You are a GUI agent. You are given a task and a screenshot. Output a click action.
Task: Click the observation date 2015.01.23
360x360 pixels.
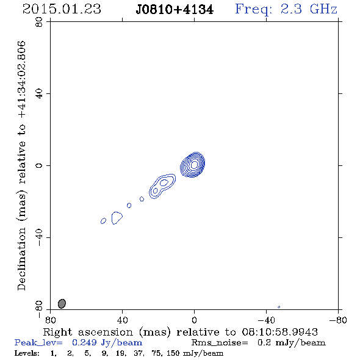click(x=62, y=9)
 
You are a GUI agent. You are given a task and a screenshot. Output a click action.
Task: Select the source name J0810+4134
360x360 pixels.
click(x=175, y=10)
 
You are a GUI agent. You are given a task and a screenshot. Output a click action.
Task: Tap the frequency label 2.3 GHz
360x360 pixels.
click(x=309, y=9)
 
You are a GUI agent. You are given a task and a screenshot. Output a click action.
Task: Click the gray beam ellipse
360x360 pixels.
click(x=62, y=303)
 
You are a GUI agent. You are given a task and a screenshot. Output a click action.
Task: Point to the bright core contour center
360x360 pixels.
click(x=194, y=165)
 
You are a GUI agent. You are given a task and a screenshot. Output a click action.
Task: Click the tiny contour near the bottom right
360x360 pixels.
click(x=279, y=307)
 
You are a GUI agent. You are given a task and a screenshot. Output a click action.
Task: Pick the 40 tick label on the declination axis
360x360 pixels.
click(x=39, y=94)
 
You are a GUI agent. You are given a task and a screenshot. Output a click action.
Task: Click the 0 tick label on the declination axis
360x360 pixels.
click(x=39, y=165)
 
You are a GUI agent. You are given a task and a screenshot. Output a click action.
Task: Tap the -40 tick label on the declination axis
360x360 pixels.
click(x=39, y=237)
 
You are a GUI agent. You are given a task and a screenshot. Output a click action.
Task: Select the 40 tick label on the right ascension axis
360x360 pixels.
click(x=122, y=320)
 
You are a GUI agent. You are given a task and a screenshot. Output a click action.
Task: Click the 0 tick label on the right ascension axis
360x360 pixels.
click(x=194, y=320)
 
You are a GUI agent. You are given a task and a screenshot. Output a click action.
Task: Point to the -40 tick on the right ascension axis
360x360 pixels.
click(x=266, y=320)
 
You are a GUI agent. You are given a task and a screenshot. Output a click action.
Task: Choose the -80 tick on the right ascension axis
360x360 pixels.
click(x=338, y=320)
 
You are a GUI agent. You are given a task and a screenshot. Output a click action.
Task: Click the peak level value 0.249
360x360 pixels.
click(x=84, y=342)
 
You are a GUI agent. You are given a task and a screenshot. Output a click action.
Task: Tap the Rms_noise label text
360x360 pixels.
click(x=220, y=343)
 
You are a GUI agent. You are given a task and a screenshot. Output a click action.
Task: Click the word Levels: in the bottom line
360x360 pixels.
click(x=27, y=353)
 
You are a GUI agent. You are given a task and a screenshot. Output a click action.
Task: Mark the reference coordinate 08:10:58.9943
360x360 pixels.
click(x=279, y=332)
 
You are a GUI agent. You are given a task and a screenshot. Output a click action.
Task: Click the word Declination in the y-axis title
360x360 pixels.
click(x=21, y=259)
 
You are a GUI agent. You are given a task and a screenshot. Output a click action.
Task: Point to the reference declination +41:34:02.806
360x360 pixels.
click(x=22, y=79)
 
